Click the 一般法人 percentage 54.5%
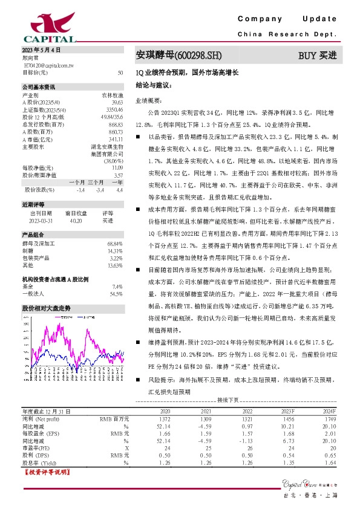click(116, 294)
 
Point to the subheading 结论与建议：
click(154, 86)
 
